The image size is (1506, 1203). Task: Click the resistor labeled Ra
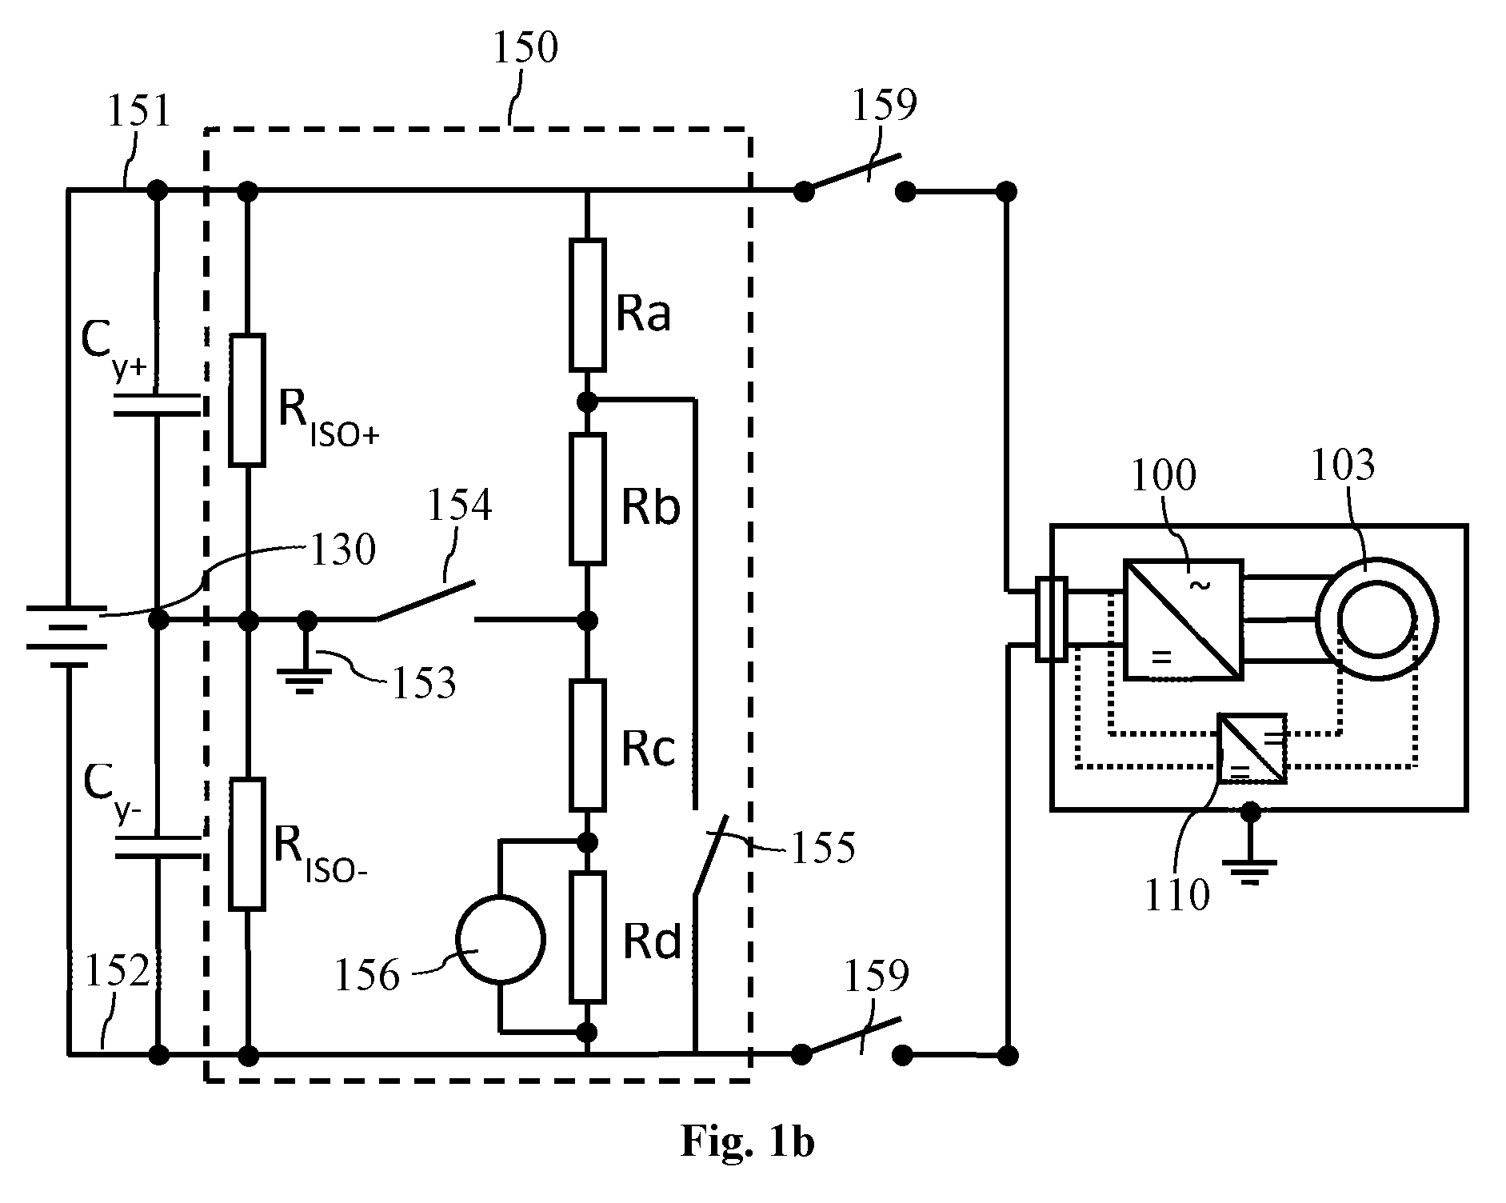587,305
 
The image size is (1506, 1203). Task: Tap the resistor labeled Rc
587,744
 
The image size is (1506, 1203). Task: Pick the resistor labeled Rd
587,937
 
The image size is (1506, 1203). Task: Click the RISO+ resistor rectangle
246,400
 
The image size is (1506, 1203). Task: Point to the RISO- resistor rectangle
246,843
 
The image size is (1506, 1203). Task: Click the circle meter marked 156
500,939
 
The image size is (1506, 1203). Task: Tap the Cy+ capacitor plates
157,404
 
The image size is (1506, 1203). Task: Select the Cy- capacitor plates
157,848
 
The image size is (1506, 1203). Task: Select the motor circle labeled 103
1377,619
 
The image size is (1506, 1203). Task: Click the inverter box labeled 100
1184,619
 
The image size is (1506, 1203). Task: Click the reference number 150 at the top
524,48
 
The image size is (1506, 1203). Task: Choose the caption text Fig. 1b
747,1141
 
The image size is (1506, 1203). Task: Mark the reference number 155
822,846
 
